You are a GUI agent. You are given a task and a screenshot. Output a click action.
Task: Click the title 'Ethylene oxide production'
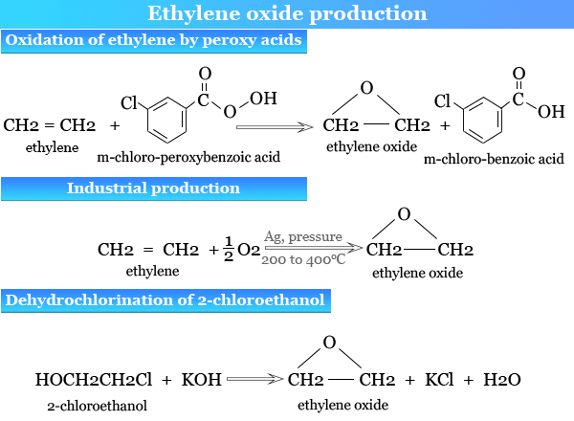[x=287, y=13]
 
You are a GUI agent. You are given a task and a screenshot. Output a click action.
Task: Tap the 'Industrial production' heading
[x=153, y=188]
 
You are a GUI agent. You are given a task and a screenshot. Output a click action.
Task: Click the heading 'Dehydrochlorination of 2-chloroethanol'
[x=166, y=300]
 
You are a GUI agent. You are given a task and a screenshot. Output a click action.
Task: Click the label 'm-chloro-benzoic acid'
[x=494, y=158]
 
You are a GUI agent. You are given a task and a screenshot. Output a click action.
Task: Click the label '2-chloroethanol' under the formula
[x=97, y=406]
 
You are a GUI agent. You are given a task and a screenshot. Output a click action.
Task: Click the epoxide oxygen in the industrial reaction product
[x=405, y=213]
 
